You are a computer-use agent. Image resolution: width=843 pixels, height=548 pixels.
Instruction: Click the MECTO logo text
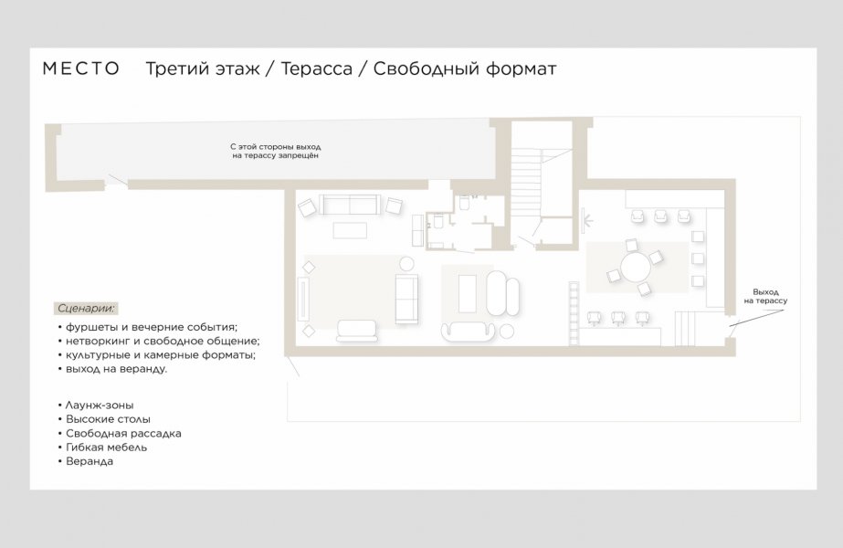81,68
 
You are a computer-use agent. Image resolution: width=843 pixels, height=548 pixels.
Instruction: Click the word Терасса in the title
316,68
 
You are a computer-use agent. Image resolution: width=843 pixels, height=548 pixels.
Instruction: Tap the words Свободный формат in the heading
465,68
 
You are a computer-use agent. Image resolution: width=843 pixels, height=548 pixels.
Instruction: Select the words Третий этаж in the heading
203,68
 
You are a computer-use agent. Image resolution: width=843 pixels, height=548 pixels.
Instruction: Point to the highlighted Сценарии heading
86,309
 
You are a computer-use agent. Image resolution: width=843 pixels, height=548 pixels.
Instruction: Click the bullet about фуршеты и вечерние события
148,327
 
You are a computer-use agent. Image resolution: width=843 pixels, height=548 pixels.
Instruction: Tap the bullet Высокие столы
104,419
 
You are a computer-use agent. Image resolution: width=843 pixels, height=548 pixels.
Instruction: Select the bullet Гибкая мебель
102,447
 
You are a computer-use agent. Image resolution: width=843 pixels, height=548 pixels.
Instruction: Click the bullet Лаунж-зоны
96,405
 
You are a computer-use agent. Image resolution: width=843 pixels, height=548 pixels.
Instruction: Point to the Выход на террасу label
765,296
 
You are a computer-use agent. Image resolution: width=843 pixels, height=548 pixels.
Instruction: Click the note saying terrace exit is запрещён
276,151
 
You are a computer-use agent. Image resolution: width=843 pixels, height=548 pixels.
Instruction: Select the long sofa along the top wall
350,205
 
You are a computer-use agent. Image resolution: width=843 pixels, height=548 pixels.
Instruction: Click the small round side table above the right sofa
407,264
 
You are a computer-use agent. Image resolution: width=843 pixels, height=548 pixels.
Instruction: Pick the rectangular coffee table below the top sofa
350,230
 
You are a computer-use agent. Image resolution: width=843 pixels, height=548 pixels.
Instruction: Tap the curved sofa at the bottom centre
468,331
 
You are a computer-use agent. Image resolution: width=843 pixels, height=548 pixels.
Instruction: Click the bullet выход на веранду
113,369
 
